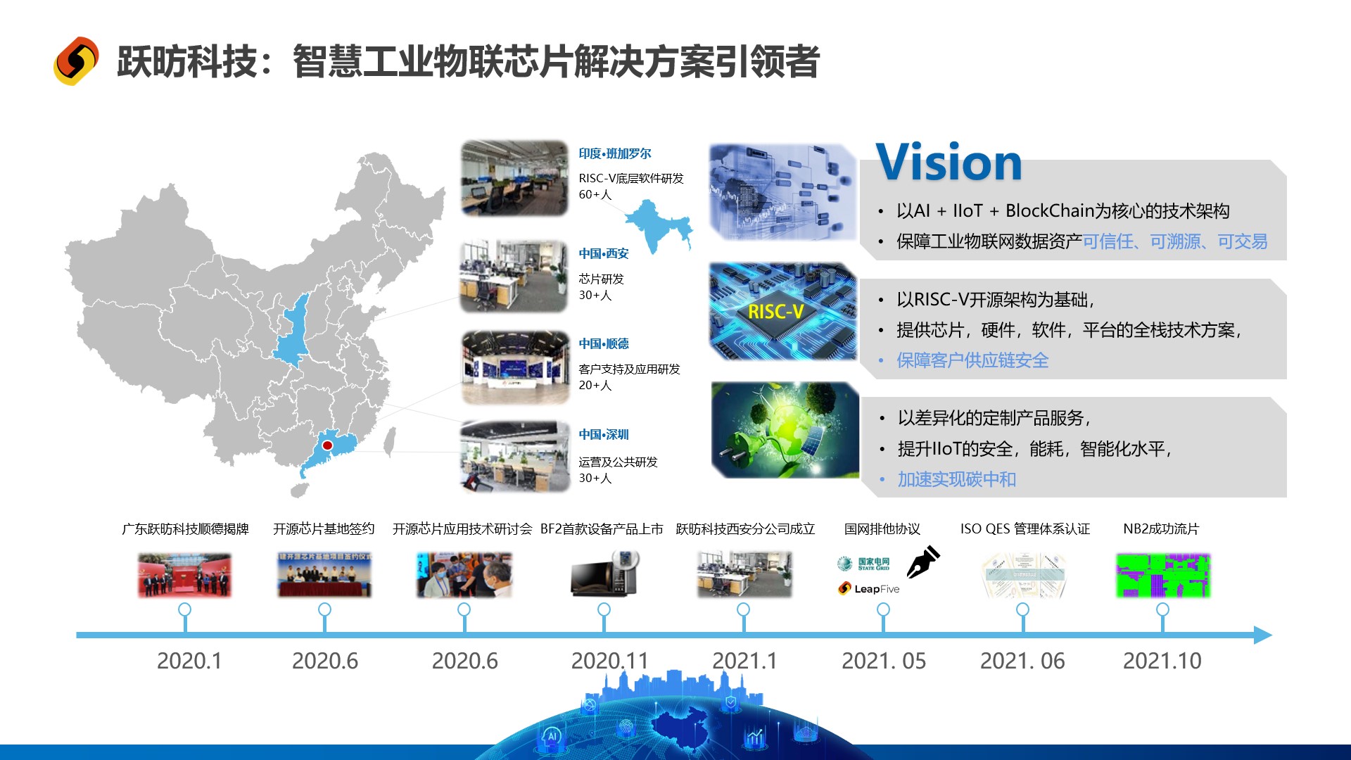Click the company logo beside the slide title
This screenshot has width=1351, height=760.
click(76, 61)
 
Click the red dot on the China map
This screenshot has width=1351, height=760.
click(327, 445)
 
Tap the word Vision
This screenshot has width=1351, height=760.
click(949, 163)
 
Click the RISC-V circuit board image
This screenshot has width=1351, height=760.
click(782, 311)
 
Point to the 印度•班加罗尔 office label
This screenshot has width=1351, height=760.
click(615, 153)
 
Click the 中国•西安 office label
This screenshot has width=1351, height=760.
click(604, 253)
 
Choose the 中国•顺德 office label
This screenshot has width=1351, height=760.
click(604, 343)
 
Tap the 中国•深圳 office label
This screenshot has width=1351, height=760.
click(604, 434)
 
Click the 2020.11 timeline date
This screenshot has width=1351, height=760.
click(609, 661)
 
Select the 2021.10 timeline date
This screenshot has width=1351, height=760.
click(1162, 661)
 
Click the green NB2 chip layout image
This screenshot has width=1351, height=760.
click(1162, 576)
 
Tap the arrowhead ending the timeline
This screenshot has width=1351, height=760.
click(1263, 635)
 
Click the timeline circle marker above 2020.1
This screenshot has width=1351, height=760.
click(185, 609)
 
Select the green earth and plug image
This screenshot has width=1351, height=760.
click(785, 430)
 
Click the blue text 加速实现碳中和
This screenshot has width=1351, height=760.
click(956, 479)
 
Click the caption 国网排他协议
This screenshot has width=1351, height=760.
click(882, 528)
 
